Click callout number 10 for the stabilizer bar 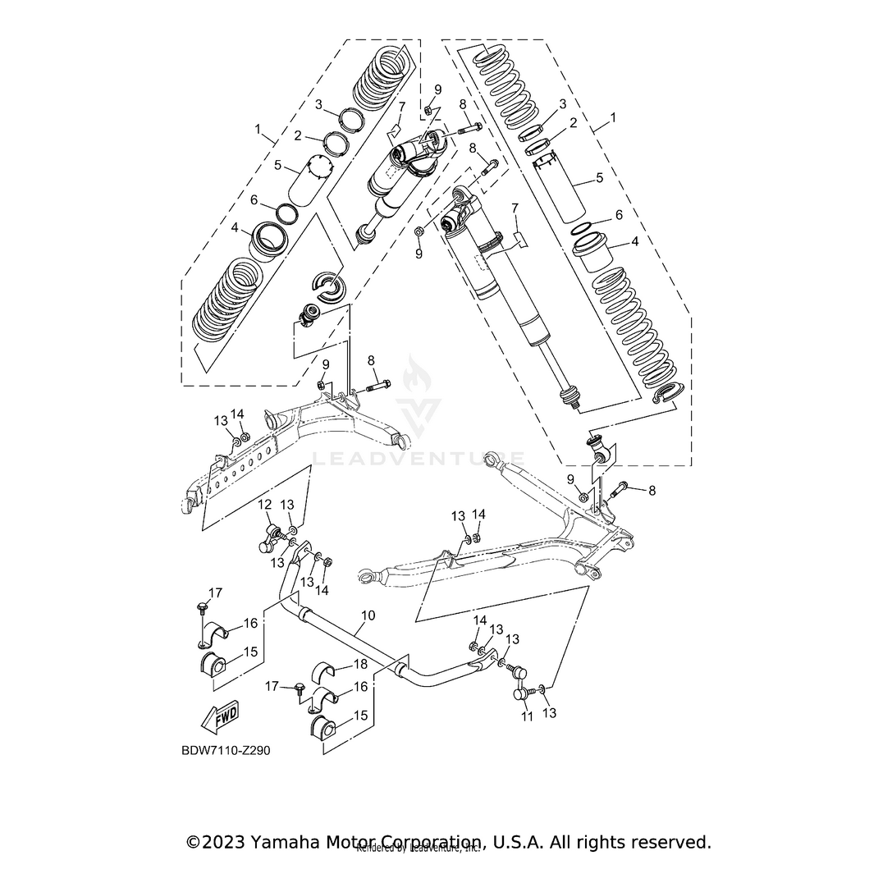pyautogui.click(x=368, y=614)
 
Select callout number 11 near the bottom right pyautogui.click(x=528, y=716)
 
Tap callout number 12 pyautogui.click(x=265, y=504)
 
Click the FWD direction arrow pyautogui.click(x=220, y=716)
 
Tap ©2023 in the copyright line pyautogui.click(x=216, y=842)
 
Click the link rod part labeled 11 pyautogui.click(x=521, y=694)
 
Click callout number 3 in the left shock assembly pyautogui.click(x=319, y=104)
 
